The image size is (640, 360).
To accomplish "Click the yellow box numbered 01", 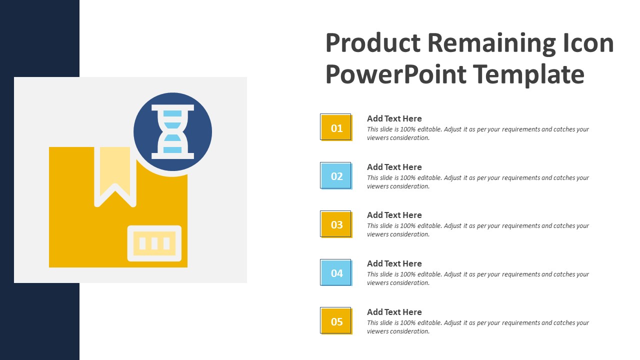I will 336,127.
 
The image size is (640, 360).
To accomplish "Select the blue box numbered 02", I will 336,176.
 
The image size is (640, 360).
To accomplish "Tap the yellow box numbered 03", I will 336,224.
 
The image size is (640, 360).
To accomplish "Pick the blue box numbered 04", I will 336,273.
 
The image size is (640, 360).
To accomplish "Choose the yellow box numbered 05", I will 336,321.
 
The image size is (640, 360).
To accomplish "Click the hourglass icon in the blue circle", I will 172,132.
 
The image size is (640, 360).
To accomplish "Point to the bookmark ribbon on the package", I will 115,172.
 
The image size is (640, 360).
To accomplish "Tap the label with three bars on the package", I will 154,243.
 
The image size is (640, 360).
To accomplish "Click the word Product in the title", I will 373,43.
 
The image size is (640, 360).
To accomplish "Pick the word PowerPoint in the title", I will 396,74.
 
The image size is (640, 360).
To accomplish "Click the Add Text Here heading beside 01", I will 394,118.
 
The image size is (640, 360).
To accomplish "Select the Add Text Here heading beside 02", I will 394,167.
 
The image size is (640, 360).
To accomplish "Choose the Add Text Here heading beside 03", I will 394,215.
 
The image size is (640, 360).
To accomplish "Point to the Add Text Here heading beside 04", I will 394,263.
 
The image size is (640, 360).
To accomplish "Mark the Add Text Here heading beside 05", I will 394,312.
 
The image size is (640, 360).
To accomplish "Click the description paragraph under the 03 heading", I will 477,230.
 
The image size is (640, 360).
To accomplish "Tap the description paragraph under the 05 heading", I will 477,327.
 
